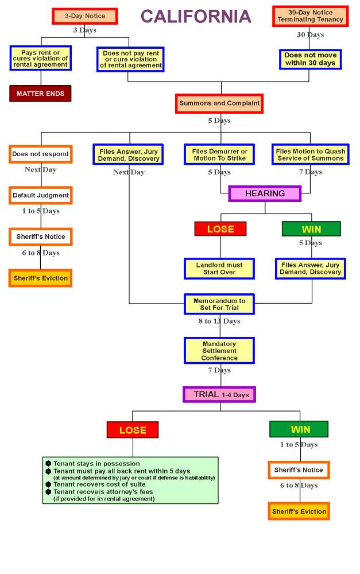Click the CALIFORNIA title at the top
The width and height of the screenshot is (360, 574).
pos(196,16)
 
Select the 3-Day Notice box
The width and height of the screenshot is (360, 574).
pos(84,16)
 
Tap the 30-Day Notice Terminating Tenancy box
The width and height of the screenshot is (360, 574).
pos(310,16)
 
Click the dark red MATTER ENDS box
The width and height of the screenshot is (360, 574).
pos(40,94)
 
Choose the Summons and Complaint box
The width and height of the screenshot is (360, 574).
pos(219,103)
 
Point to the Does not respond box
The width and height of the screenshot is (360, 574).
pos(40,154)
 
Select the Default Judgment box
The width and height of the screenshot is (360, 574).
pos(40,195)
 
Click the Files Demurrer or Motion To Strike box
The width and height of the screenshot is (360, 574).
pos(219,154)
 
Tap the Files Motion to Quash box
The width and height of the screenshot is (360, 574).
pos(310,154)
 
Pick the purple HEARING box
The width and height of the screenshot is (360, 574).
pos(265,193)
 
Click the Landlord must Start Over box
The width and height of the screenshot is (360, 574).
pos(219,269)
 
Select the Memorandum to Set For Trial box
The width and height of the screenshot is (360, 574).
pos(219,304)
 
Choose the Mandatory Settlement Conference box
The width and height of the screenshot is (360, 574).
pos(219,351)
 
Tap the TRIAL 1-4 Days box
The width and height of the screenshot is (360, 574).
pos(219,394)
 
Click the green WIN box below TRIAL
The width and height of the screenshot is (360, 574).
pos(299,429)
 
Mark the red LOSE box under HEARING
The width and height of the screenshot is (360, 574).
pos(220,229)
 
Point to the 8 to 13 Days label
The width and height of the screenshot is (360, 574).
pos(219,321)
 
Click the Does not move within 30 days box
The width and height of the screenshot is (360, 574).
pos(310,59)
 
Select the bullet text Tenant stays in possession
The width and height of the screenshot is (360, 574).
pos(96,463)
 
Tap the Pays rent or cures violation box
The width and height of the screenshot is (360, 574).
pos(40,59)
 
